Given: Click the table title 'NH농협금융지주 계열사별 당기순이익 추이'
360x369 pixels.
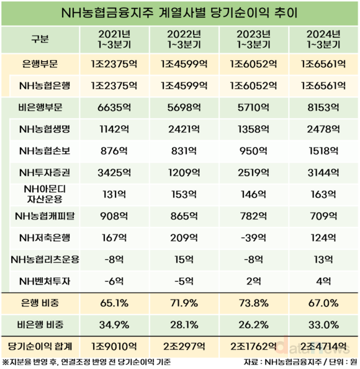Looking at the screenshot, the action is click(179, 13).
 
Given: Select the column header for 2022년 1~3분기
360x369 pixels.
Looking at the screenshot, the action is click(184, 39).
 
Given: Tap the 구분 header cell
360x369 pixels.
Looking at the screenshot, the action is click(40, 39).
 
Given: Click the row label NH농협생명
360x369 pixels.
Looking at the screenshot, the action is click(45, 129).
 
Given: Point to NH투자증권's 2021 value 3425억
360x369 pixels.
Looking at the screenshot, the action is click(114, 173).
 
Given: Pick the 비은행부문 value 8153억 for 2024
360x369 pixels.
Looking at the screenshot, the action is click(323, 107).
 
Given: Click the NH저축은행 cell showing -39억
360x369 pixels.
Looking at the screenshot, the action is click(253, 238).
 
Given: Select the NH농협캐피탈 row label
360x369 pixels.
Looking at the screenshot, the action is click(45, 216).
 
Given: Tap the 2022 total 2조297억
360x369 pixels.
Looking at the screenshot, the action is click(184, 347).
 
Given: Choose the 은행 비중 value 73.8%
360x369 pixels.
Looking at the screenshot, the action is click(253, 303).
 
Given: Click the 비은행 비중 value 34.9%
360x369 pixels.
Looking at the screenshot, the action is click(114, 325).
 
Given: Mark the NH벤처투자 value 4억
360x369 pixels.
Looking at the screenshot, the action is click(323, 281).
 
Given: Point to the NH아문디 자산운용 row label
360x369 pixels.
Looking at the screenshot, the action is click(45, 194).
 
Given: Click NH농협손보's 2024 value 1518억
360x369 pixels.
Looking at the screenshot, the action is click(323, 151).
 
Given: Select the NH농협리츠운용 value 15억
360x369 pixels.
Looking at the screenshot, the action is click(184, 260).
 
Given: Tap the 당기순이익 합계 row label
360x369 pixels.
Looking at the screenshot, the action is click(40, 347).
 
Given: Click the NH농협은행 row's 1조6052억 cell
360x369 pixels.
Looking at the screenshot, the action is click(253, 86).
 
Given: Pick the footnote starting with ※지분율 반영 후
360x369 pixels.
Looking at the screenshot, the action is click(86, 362).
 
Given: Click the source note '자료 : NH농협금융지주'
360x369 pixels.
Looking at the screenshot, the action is click(282, 362).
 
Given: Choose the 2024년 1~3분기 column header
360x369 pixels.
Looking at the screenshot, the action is click(323, 39).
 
